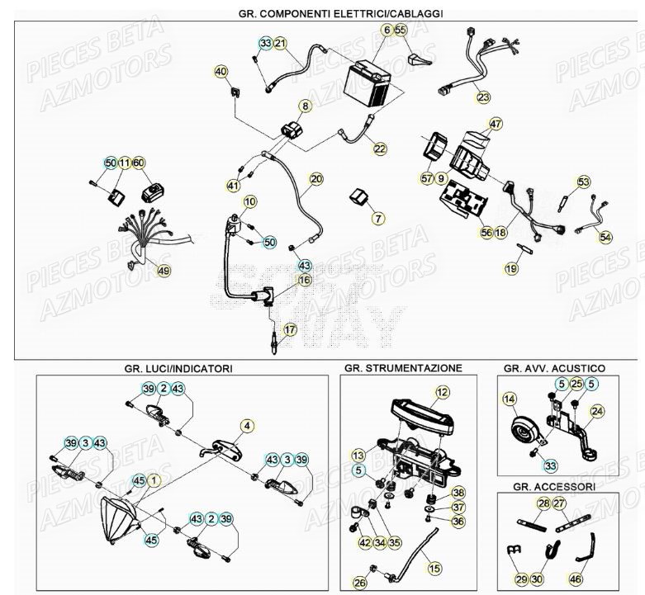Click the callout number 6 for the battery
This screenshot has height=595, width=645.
(x=386, y=31)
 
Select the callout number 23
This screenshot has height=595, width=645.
(x=482, y=97)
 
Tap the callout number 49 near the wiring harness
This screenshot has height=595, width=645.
(x=164, y=271)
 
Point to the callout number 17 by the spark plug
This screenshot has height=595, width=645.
(x=289, y=330)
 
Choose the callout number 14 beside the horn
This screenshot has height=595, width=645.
(x=508, y=401)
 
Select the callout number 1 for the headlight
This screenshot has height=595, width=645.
(x=156, y=479)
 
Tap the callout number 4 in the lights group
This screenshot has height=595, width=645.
(x=246, y=426)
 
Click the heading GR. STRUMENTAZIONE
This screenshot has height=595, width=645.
(x=403, y=368)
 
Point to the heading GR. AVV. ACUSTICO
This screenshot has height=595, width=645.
(x=554, y=368)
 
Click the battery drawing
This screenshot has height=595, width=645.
(x=370, y=83)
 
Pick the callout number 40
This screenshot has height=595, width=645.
(x=221, y=72)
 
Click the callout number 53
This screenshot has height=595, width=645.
(x=584, y=182)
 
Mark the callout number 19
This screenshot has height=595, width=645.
(x=512, y=268)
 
